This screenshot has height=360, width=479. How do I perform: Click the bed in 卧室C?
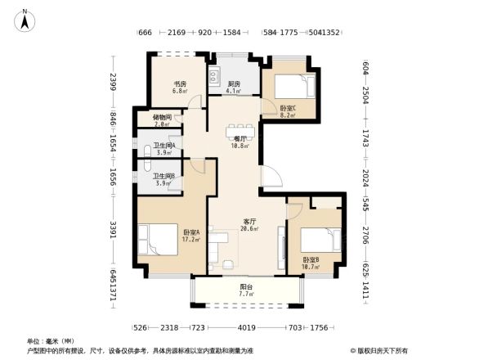[x=293, y=86]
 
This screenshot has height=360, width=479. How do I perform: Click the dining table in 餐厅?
[x=241, y=128]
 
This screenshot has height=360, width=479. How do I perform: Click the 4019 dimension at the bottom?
[x=246, y=328]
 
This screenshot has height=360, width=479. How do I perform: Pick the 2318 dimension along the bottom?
[x=169, y=328]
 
